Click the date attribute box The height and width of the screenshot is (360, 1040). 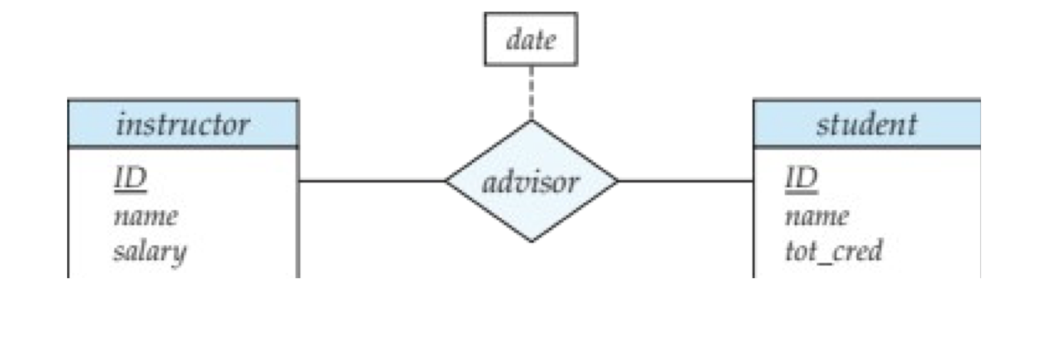point(530,39)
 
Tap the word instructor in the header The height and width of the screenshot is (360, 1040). point(183,124)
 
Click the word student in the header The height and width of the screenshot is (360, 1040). point(866,124)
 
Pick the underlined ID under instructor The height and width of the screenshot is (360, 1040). point(131,178)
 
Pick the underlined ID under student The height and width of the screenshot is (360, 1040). point(801,178)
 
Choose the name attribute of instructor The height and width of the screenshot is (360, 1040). point(145,216)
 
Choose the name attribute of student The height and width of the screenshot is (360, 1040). point(817,216)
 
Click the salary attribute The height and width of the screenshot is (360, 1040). point(150,251)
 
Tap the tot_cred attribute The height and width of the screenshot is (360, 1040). point(834,251)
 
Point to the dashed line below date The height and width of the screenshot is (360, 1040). point(531,93)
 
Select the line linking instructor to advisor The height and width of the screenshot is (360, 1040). point(371,181)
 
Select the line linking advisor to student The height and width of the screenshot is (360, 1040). point(685,181)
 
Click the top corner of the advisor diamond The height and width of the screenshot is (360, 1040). point(531,122)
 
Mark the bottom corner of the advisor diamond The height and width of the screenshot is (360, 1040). point(531,241)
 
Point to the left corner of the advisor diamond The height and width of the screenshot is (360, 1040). point(447,181)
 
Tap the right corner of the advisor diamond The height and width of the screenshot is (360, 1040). point(617,181)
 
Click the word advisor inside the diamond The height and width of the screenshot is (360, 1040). point(530,183)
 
